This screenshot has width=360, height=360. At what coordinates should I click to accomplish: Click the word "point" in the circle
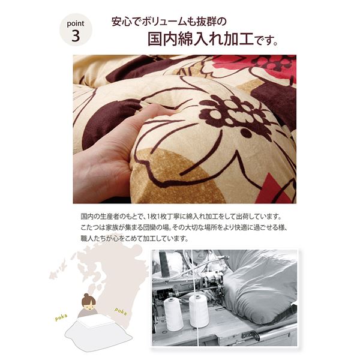tap(76, 24)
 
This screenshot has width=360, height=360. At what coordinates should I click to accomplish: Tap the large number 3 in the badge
tap(76, 36)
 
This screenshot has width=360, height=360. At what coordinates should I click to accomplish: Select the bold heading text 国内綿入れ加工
tap(200, 39)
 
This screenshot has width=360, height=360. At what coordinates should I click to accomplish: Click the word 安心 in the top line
tap(119, 22)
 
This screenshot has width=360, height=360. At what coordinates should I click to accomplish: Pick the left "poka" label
tap(61, 317)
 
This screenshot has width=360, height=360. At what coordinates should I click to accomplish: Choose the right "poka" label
tap(121, 311)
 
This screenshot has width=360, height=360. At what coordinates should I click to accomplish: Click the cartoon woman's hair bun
tap(86, 295)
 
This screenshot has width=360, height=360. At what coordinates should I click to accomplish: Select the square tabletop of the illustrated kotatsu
tap(96, 322)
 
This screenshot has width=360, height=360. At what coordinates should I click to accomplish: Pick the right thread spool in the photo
tap(199, 311)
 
